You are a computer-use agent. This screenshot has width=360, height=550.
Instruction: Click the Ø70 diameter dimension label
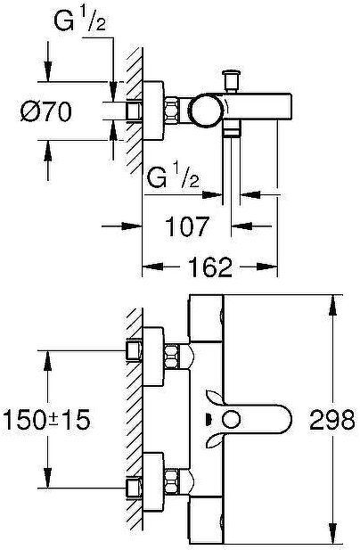46,111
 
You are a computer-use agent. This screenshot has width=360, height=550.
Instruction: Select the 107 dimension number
187,226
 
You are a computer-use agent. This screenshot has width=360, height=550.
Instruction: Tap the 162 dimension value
210,267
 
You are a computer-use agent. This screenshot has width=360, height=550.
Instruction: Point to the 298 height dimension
332,420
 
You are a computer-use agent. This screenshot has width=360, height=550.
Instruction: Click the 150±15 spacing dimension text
46,420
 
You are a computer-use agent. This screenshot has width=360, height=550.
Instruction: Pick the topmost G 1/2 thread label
79,21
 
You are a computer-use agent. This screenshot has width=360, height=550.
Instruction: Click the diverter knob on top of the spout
232,80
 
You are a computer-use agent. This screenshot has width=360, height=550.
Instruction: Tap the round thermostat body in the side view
206,110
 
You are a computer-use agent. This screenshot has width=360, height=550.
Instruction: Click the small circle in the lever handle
232,420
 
